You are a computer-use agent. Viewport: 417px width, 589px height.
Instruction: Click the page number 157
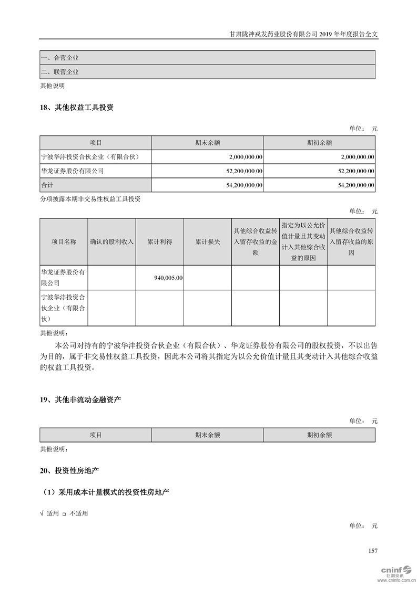(373, 551)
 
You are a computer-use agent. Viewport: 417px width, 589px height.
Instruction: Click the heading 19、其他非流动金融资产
(80, 400)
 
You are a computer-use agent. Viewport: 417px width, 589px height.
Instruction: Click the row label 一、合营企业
(59, 58)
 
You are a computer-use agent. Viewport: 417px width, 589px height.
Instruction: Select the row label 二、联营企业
(59, 72)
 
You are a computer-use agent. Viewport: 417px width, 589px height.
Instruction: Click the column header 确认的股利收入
(112, 242)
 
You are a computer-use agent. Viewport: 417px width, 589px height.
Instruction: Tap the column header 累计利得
(159, 242)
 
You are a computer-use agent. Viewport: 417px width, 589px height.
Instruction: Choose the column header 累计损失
(208, 242)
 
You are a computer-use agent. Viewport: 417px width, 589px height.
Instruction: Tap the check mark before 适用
(42, 513)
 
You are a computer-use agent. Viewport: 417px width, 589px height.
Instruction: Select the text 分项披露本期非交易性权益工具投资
(90, 199)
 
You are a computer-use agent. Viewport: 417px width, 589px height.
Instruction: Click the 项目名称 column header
(64, 242)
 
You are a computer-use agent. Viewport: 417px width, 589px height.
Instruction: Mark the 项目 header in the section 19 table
(96, 435)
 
